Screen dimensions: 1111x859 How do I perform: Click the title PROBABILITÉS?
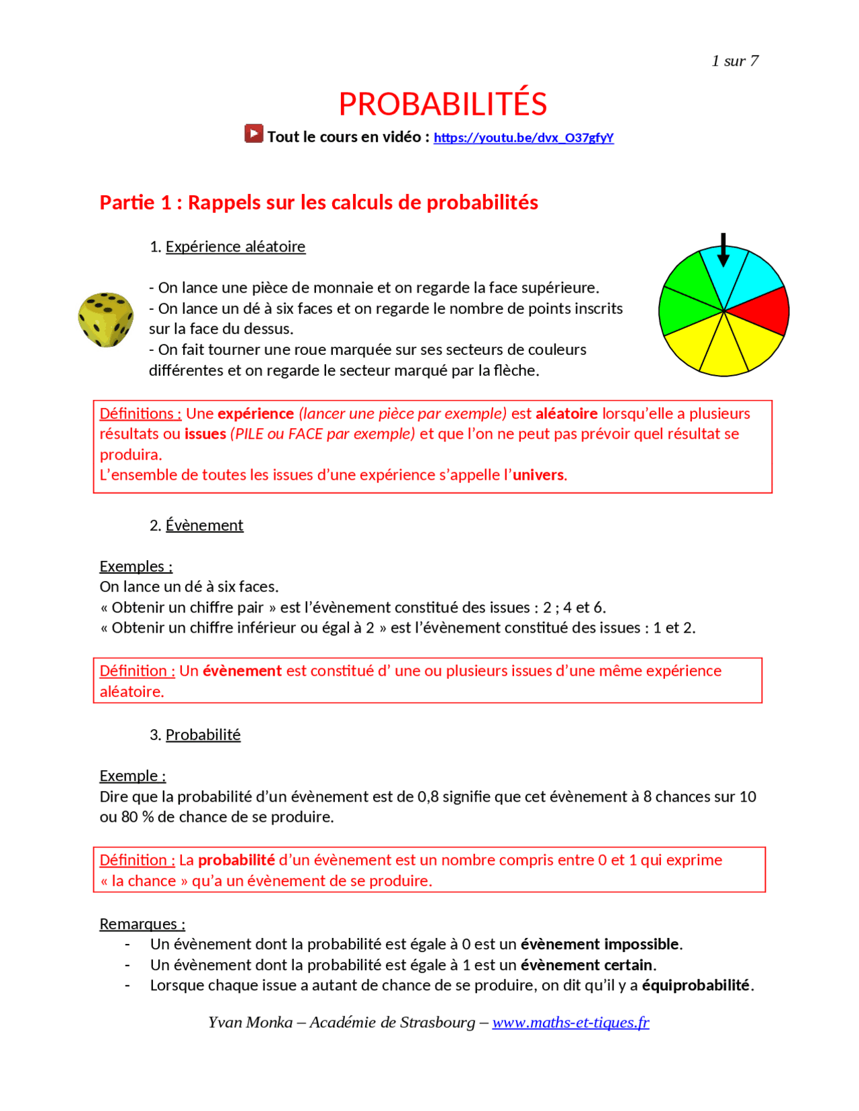point(442,104)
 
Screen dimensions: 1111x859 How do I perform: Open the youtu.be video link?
point(523,138)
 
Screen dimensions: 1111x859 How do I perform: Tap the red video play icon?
point(254,134)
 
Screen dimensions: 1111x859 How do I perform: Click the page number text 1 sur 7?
point(735,61)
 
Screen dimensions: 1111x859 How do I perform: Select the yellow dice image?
point(105,319)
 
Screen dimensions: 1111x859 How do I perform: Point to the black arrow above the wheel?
point(723,250)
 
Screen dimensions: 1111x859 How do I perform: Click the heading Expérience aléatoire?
point(235,246)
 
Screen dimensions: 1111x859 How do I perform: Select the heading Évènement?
point(204,525)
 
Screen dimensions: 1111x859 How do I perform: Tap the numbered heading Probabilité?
point(203,735)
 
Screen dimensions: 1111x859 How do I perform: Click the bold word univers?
point(538,475)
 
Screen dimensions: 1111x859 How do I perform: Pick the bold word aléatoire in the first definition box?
point(566,413)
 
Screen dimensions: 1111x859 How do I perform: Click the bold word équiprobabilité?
point(695,985)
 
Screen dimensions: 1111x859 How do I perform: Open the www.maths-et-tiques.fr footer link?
point(570,1022)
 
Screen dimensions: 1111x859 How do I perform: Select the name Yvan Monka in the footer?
point(250,1022)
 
